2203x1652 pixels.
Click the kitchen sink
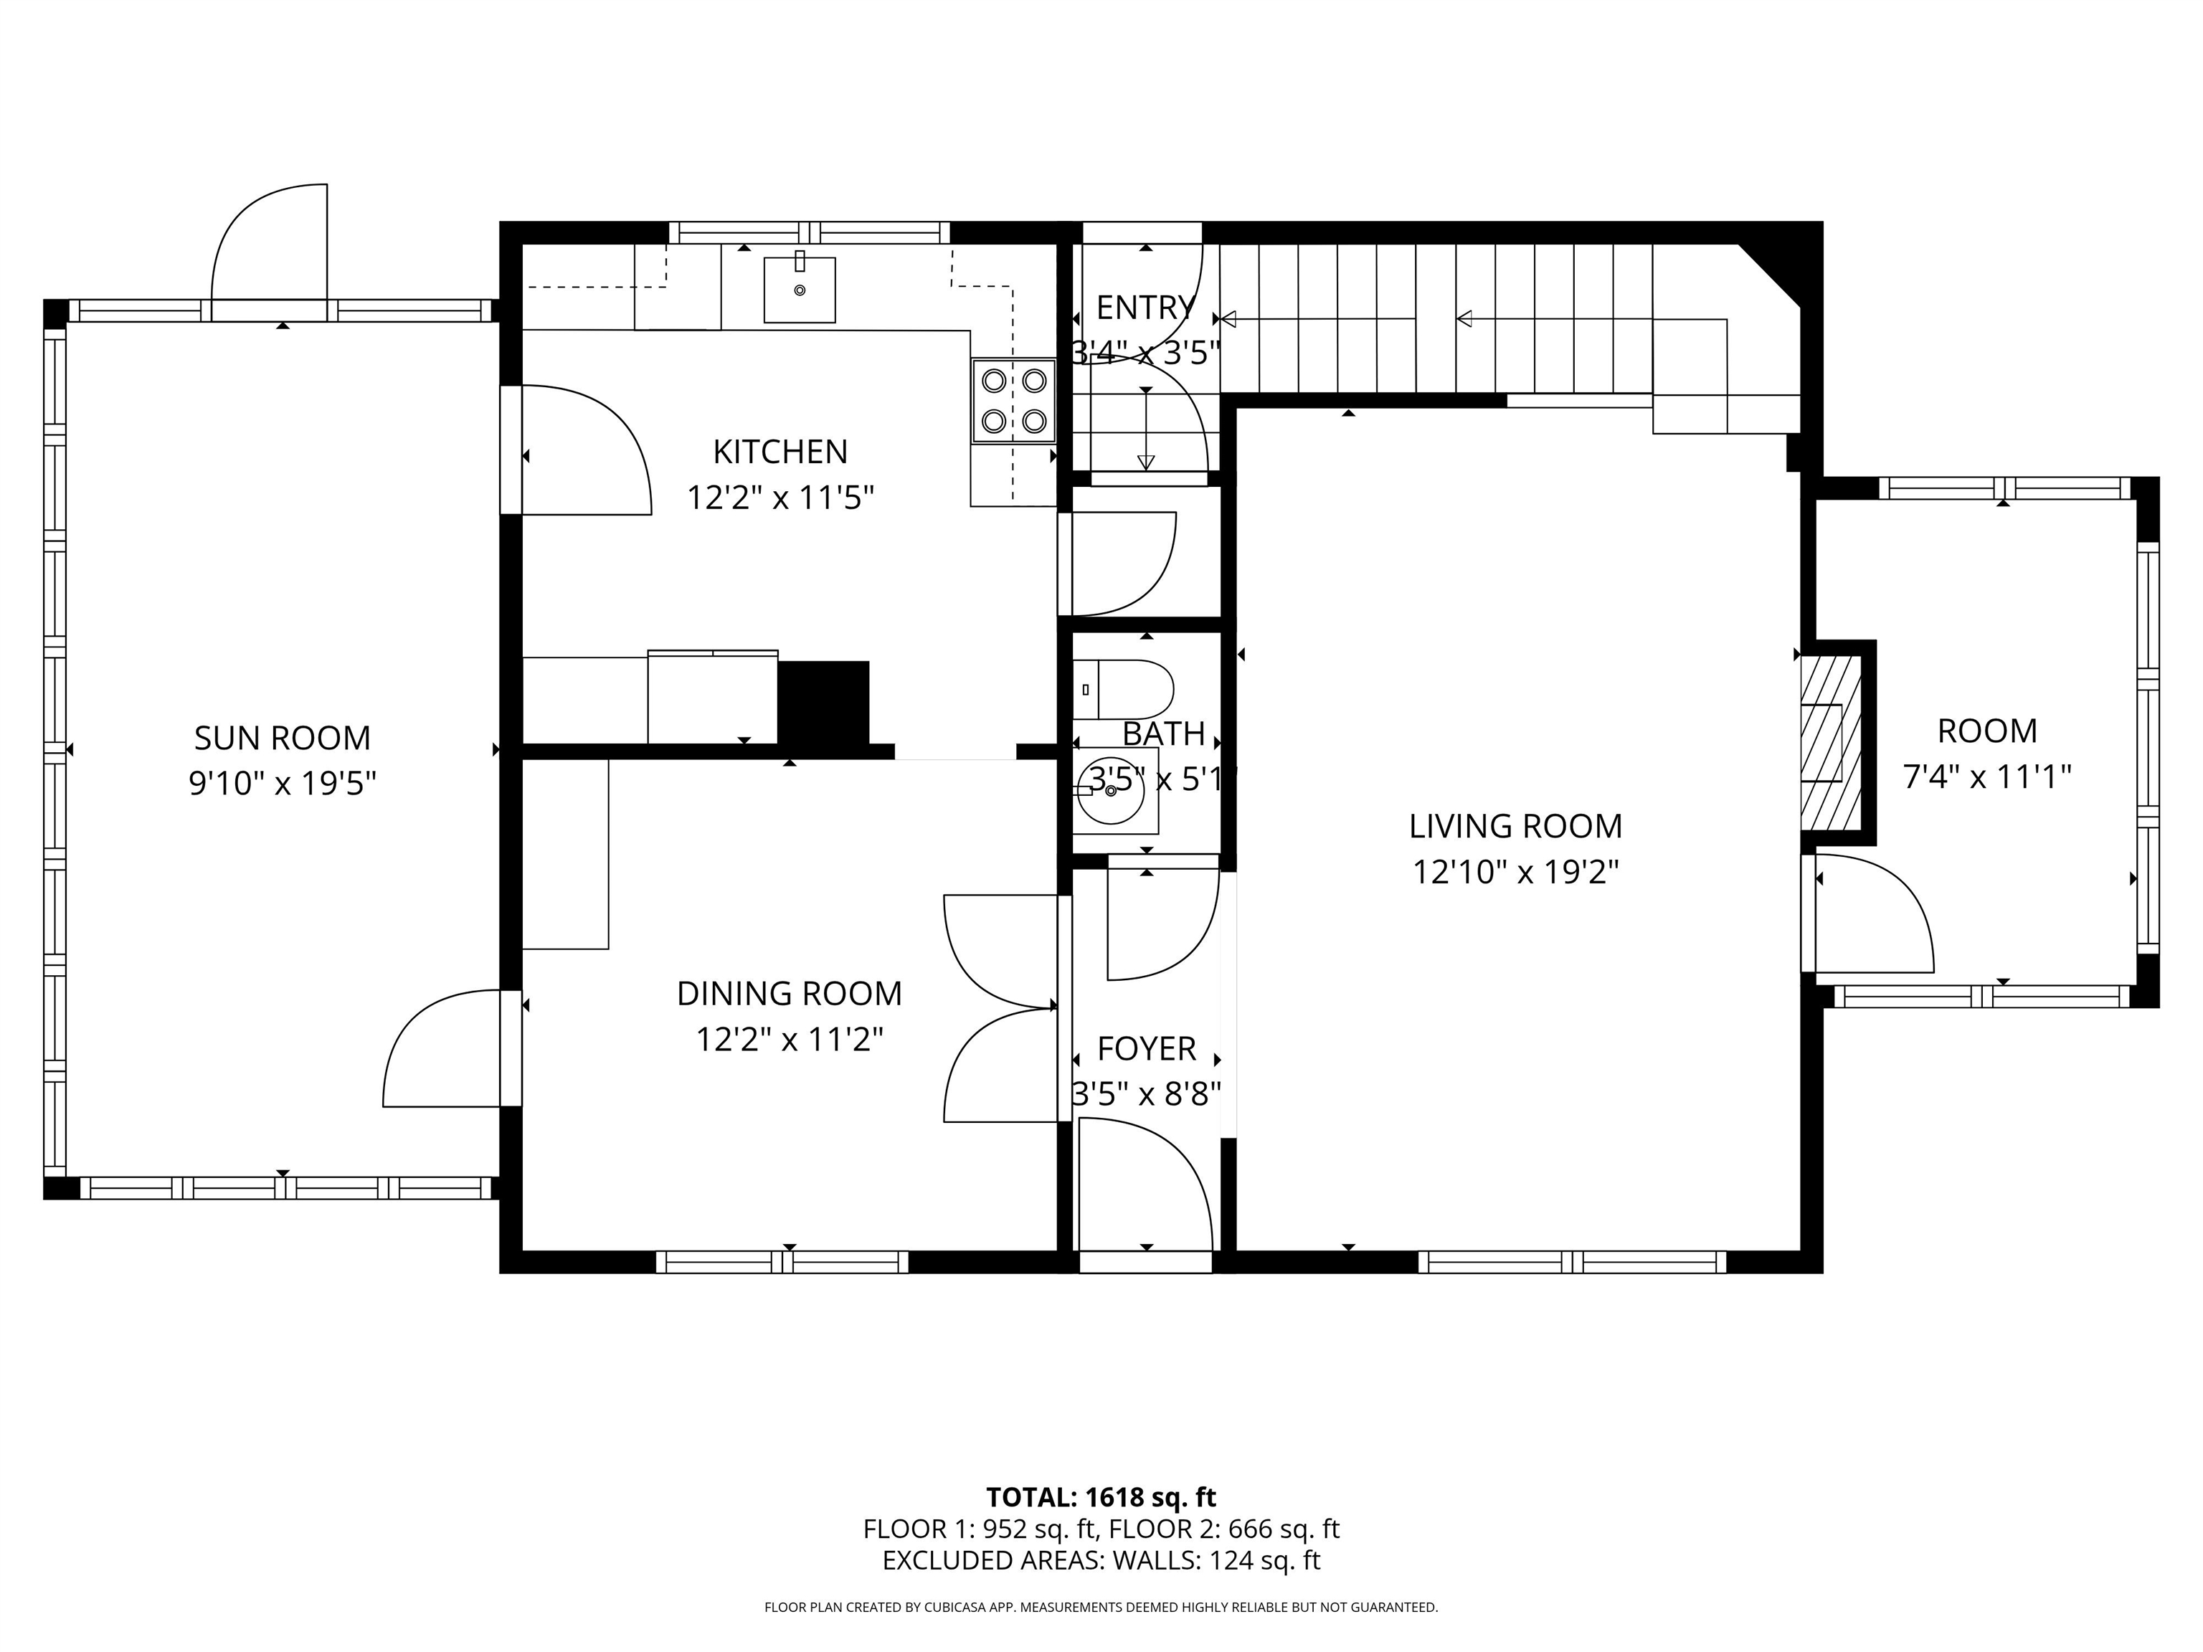point(799,289)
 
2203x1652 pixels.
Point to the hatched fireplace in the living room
point(1831,742)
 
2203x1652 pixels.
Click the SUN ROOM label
point(282,739)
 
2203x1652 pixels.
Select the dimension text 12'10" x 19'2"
point(1515,873)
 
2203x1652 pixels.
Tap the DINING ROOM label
point(789,994)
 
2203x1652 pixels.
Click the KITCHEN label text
point(780,452)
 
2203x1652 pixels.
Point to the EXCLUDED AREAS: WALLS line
point(1101,1560)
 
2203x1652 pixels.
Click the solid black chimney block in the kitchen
point(823,702)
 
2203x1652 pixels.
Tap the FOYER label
point(1146,1048)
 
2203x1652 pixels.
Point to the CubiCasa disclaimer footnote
point(1101,1608)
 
